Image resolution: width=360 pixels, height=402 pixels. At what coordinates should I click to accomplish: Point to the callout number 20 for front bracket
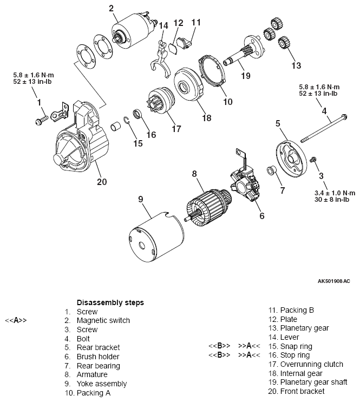point(102,182)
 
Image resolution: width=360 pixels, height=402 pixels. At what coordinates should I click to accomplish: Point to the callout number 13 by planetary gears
point(295,66)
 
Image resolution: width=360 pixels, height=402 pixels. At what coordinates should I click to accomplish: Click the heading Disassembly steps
point(110,302)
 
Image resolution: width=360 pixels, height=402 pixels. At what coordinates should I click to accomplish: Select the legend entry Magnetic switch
point(103,320)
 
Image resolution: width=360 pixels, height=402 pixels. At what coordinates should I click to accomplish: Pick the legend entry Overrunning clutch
point(304,364)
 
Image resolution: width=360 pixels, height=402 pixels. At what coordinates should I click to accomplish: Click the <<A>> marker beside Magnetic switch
point(16,320)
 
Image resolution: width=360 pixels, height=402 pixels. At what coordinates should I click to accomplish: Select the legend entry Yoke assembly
point(101,384)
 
